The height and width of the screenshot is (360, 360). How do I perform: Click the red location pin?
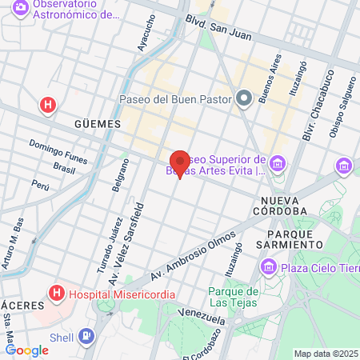[x=180, y=162]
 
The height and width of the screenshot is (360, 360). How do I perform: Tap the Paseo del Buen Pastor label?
[x=174, y=100]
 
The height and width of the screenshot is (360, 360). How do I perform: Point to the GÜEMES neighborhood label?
[x=97, y=125]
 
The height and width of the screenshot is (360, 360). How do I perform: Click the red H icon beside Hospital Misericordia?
[x=57, y=294]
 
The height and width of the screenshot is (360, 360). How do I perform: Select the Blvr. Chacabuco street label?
[x=330, y=120]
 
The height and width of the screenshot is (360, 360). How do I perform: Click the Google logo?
[x=26, y=350]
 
